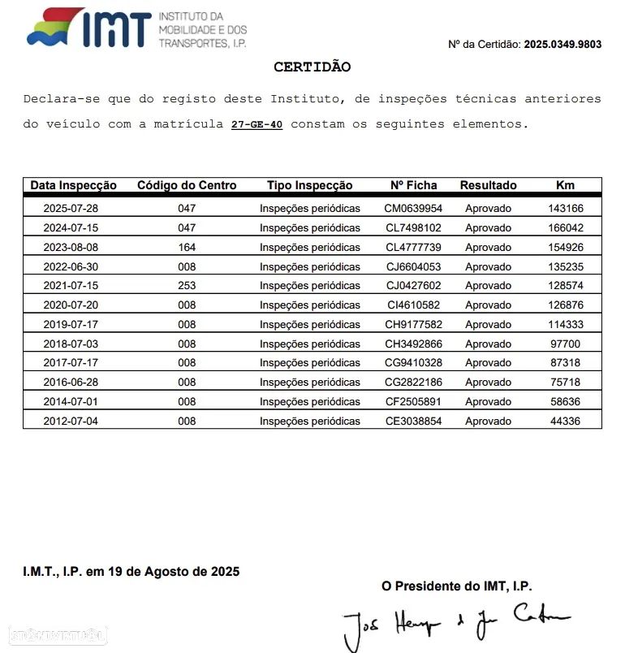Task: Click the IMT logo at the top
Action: [136, 29]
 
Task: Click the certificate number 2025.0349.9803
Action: [562, 45]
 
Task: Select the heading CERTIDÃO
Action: [312, 67]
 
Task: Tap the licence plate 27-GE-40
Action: [256, 124]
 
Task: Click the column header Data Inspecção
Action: [74, 185]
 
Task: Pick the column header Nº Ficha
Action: [413, 185]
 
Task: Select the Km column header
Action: [565, 185]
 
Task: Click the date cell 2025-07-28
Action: [71, 208]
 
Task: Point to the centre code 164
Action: [187, 247]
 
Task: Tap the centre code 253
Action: [187, 286]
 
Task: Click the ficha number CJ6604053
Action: [413, 266]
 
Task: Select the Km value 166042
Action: [566, 228]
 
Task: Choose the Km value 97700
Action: [566, 344]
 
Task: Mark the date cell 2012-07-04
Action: [71, 422]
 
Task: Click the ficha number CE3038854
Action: [413, 422]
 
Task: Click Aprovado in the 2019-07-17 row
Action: [488, 325]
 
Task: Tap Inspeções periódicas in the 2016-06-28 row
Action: [310, 383]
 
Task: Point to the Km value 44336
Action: [566, 422]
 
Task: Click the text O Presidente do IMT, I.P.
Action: [457, 586]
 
